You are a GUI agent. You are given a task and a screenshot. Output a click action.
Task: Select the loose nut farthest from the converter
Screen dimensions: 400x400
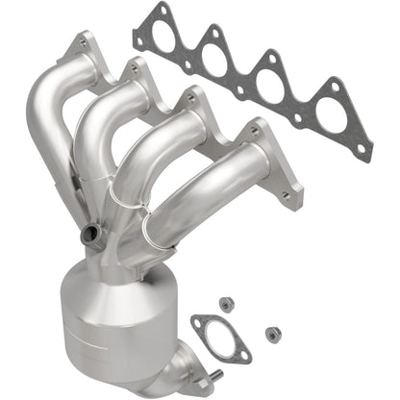pyautogui.click(x=272, y=335)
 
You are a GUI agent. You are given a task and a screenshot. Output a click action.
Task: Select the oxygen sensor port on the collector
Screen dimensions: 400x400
pyautogui.click(x=92, y=233)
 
